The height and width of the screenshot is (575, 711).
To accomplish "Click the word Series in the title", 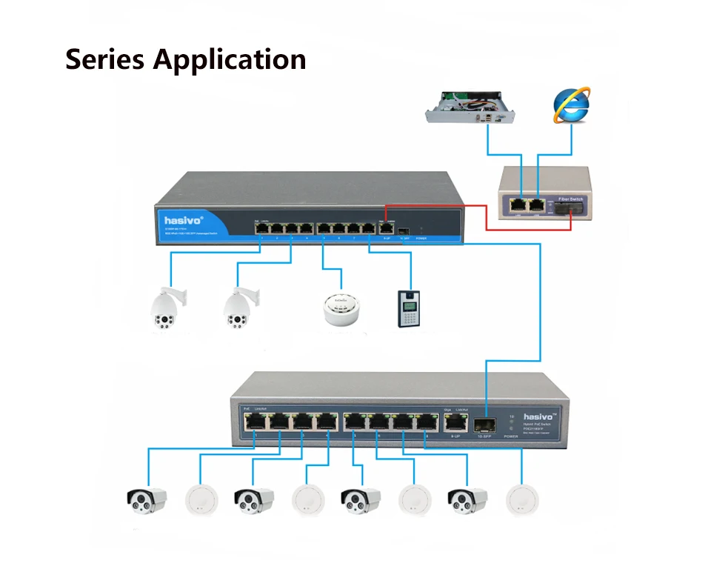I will [105, 59].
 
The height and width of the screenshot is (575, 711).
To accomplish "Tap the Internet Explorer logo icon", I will [572, 104].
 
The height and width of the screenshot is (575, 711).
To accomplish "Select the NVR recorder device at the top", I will [471, 108].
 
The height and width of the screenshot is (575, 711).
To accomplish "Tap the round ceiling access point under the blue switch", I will [341, 308].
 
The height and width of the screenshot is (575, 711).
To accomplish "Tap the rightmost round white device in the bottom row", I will [522, 502].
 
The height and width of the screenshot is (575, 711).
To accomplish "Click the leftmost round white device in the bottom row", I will [200, 502].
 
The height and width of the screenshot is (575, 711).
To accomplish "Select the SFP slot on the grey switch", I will [485, 423].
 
